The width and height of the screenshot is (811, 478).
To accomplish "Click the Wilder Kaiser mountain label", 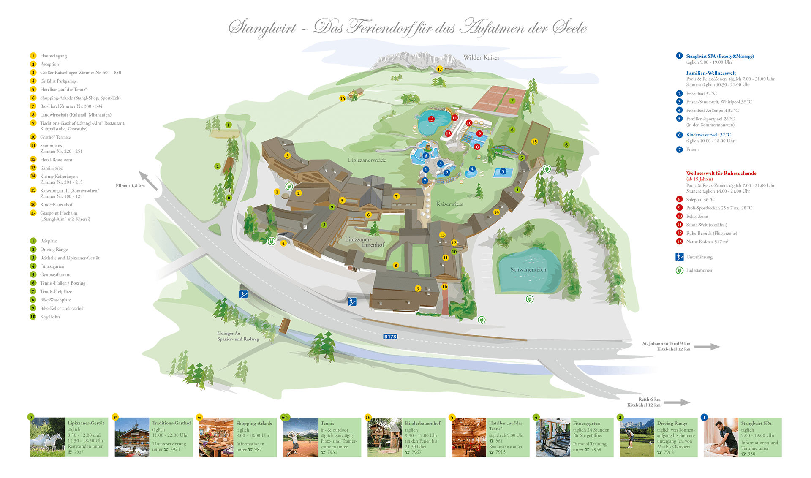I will pyautogui.click(x=481, y=57).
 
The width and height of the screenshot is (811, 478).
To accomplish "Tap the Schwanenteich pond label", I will pyautogui.click(x=528, y=269).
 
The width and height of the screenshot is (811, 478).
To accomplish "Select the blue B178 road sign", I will pyautogui.click(x=390, y=337).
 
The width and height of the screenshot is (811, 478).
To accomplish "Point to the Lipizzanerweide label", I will pyautogui.click(x=367, y=160).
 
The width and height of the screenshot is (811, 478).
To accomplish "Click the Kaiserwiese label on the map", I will pyautogui.click(x=449, y=204).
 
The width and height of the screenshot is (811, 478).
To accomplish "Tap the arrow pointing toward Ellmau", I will pyautogui.click(x=148, y=180).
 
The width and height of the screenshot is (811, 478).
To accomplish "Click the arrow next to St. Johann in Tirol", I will pyautogui.click(x=706, y=347).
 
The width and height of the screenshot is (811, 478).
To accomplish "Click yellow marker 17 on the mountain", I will pyautogui.click(x=440, y=69).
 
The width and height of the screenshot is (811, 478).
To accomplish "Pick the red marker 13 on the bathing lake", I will pyautogui.click(x=431, y=119).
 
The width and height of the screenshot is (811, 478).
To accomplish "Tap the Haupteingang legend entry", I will pyautogui.click(x=53, y=56).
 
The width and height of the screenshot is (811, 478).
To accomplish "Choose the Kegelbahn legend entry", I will pyautogui.click(x=50, y=317).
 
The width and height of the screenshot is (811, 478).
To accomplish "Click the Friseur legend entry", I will pyautogui.click(x=692, y=149).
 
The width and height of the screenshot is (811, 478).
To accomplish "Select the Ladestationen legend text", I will pyautogui.click(x=699, y=270).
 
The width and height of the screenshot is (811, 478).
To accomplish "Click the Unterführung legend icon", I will pyautogui.click(x=679, y=257).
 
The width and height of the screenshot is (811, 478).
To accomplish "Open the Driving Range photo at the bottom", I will pyautogui.click(x=637, y=437).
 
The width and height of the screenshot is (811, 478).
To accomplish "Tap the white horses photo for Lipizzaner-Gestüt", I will pyautogui.click(x=47, y=437).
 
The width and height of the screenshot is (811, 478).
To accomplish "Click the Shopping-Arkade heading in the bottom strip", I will pyautogui.click(x=254, y=423).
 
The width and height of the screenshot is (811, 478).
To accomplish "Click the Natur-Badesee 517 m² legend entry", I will pyautogui.click(x=707, y=242).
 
